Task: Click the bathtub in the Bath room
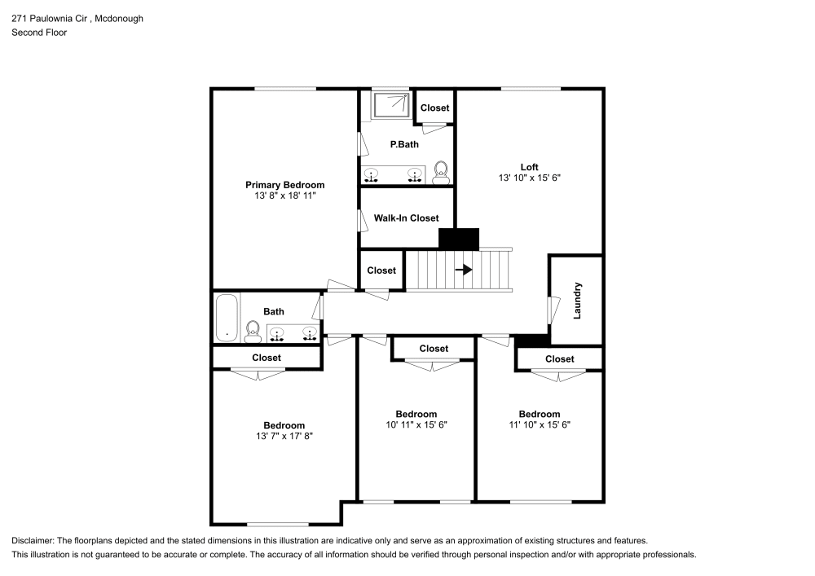(x=227, y=318)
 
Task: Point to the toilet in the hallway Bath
(x=253, y=330)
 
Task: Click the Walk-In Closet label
(x=406, y=218)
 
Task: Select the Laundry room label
(x=578, y=300)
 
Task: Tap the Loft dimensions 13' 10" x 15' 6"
(x=530, y=178)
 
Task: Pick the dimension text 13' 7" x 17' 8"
(x=284, y=437)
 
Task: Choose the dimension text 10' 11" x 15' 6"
(x=416, y=425)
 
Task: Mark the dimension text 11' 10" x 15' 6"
(x=539, y=424)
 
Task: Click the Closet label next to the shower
(x=434, y=108)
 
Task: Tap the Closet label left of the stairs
(x=381, y=270)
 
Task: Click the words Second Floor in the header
(x=39, y=33)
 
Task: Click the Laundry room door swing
(x=554, y=310)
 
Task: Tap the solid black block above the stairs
(x=459, y=239)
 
